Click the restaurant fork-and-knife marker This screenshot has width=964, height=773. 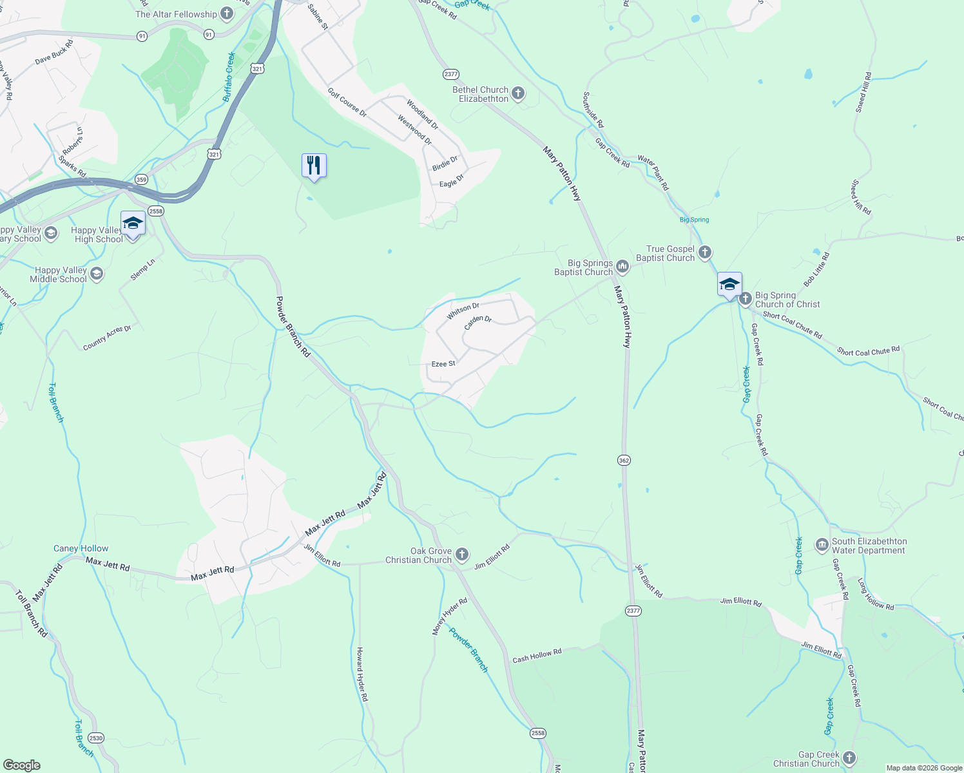314,166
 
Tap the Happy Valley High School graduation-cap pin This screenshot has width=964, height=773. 133,224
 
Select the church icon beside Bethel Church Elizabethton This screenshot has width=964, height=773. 517,94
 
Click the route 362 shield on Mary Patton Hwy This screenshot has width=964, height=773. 623,461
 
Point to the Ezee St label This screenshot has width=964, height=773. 443,364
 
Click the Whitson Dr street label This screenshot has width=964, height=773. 463,311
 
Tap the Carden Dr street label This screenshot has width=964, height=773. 478,323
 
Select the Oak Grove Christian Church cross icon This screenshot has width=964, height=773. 461,554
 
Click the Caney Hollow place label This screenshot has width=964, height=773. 81,549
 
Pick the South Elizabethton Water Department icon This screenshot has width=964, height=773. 822,546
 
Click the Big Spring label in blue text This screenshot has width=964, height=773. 694,220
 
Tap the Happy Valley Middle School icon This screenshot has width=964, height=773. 96,274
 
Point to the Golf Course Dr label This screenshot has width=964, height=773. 347,102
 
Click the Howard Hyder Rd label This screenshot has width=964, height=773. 363,674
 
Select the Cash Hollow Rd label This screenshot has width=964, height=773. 537,656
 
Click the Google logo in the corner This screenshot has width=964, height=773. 21,765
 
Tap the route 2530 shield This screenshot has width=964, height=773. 95,738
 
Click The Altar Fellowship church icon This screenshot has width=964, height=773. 226,14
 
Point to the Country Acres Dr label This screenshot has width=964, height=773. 107,338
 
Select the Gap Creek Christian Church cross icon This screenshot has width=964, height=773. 849,758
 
